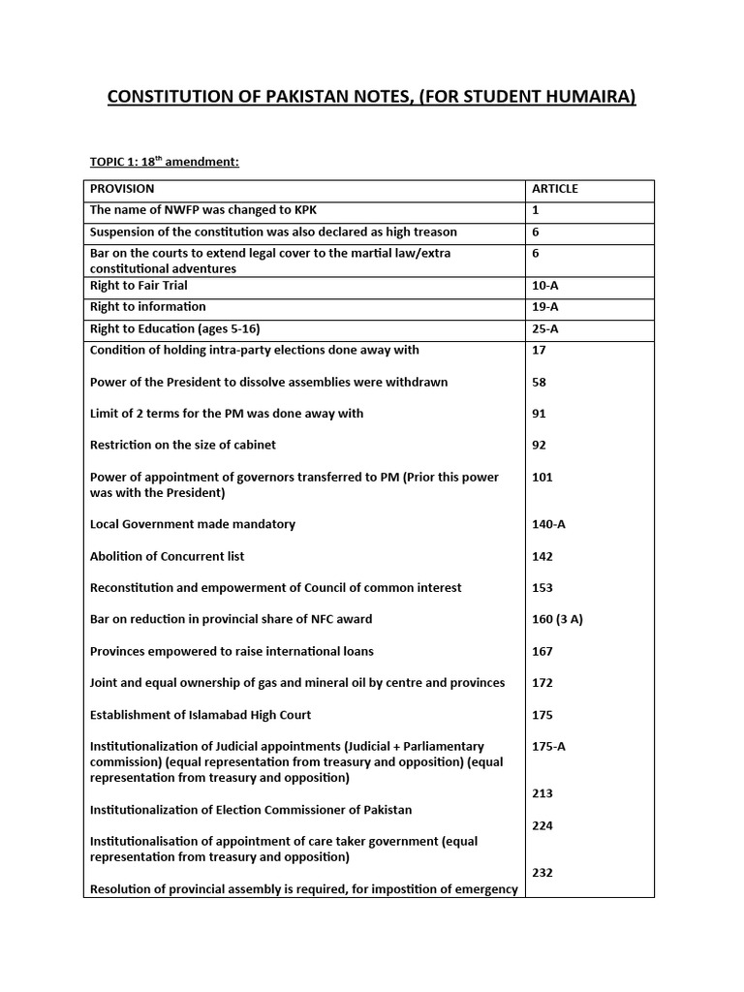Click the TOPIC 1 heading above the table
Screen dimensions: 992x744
[x=164, y=162]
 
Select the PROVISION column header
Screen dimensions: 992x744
[x=122, y=189]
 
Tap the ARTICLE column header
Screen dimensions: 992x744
[x=555, y=189]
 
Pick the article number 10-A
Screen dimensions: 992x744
[x=545, y=286]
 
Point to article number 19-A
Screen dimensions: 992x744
[x=545, y=307]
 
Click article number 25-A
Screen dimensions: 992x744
[x=545, y=328]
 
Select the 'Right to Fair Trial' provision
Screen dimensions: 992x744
[x=139, y=286]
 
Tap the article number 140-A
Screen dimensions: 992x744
[x=548, y=524]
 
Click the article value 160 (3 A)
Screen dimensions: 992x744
[x=557, y=619]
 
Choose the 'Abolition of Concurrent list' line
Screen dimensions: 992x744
[x=167, y=556]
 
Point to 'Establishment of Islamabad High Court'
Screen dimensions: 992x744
[x=201, y=715]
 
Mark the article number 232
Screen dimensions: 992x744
[x=542, y=873]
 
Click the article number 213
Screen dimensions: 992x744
[x=542, y=793]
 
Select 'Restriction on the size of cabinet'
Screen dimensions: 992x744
[x=183, y=445]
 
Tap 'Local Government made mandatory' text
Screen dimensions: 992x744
[x=193, y=524]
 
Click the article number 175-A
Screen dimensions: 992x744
[x=548, y=747]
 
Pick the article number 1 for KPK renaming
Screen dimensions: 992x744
[x=536, y=209]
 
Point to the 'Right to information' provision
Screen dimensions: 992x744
[x=147, y=307]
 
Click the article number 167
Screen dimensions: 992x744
[x=542, y=651]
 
